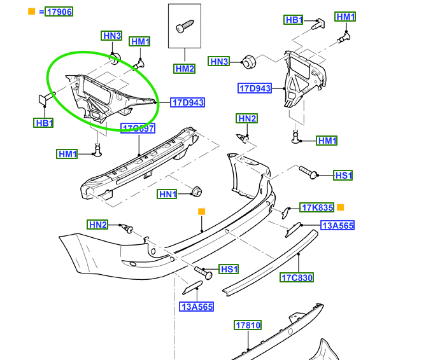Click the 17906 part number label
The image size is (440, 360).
point(59,11)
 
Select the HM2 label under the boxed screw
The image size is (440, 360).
point(184,68)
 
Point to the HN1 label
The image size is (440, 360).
point(168,194)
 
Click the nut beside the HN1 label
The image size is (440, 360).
point(196,191)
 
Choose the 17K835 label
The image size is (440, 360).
point(317,207)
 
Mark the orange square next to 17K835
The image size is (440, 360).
point(340,207)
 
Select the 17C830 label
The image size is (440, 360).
point(297,277)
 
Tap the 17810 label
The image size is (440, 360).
point(248,326)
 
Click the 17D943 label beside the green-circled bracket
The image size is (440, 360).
point(188,102)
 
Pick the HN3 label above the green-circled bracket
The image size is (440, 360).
point(112,36)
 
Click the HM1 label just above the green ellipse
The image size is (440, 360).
point(140,42)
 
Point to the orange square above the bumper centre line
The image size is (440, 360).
point(202,211)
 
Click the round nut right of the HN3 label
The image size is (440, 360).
point(249,62)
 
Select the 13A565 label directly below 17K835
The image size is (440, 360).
point(337,226)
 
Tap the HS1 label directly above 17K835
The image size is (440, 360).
point(343,175)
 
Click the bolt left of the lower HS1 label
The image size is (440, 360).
point(204,272)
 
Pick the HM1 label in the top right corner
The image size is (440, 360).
point(346,17)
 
